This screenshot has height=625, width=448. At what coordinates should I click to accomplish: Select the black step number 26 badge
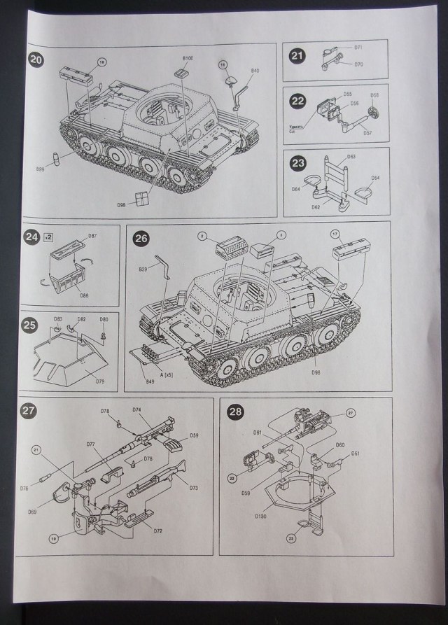pyautogui.click(x=141, y=239)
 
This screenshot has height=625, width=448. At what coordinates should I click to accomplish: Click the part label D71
pyautogui.click(x=358, y=48)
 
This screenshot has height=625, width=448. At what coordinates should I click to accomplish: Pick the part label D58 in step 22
pyautogui.click(x=374, y=95)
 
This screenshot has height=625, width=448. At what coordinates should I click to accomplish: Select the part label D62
pyautogui.click(x=316, y=207)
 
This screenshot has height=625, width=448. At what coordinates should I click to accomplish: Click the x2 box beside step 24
pyautogui.click(x=48, y=235)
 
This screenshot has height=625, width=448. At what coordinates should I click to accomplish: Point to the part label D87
pyautogui.click(x=92, y=236)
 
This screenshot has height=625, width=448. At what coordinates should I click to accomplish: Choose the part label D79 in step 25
pyautogui.click(x=99, y=381)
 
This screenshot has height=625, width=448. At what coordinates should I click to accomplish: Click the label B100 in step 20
pyautogui.click(x=188, y=57)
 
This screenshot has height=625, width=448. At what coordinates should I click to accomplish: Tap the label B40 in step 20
pyautogui.click(x=255, y=71)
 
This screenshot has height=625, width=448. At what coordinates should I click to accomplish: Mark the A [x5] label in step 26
pyautogui.click(x=168, y=376)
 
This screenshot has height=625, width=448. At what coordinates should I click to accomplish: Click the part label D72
pyautogui.click(x=158, y=531)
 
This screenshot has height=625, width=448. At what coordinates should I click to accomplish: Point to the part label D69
pyautogui.click(x=32, y=512)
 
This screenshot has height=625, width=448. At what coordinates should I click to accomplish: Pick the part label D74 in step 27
pyautogui.click(x=137, y=410)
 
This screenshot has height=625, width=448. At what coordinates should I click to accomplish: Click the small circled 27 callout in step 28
pyautogui.click(x=351, y=413)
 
